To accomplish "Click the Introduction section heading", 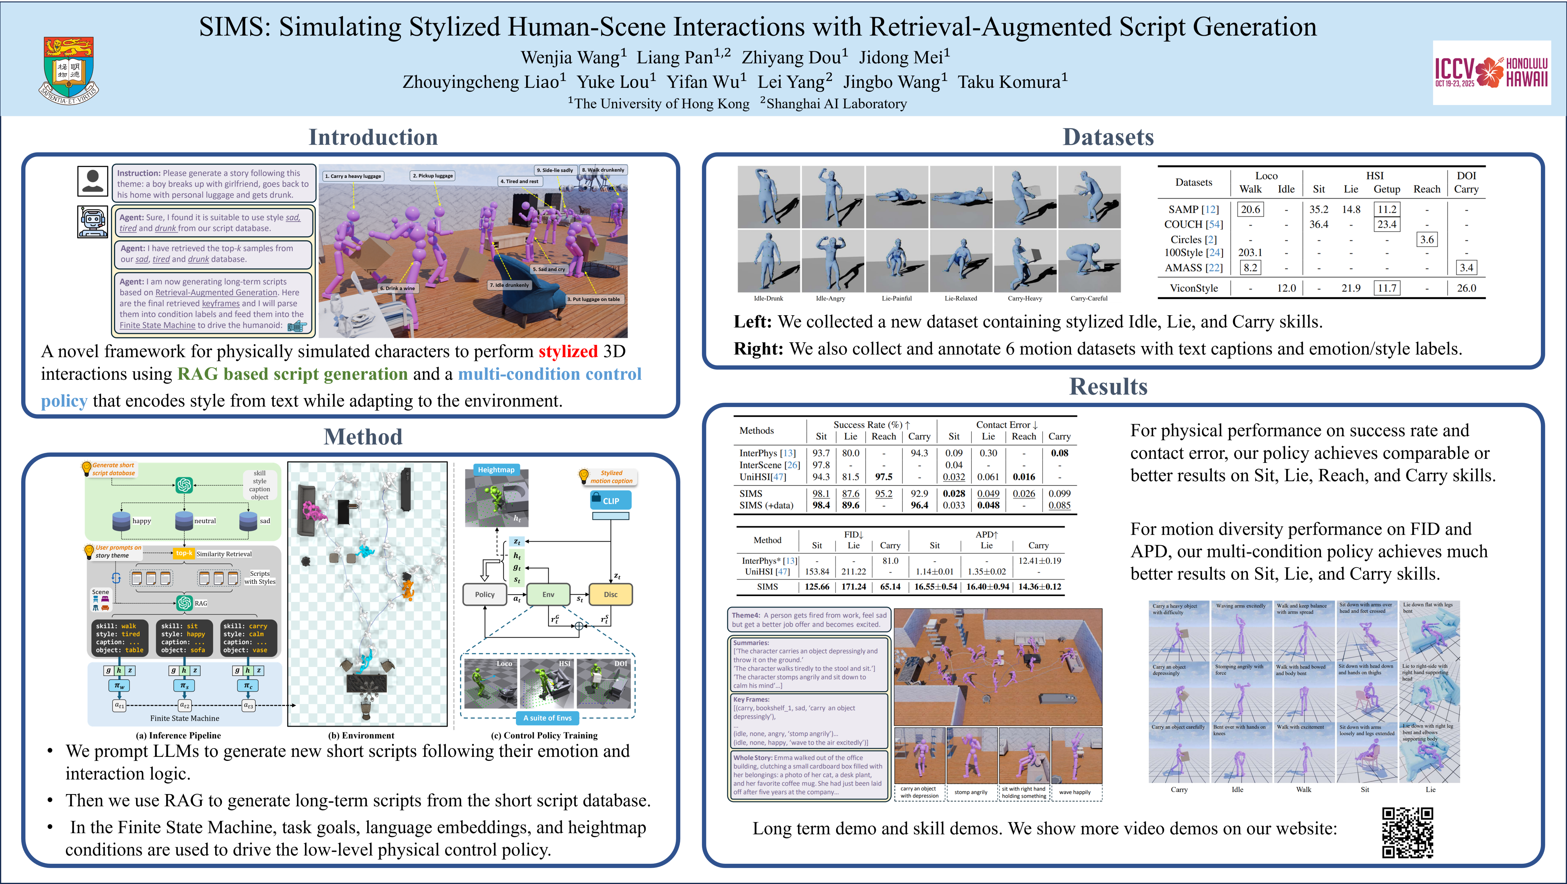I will (x=373, y=137).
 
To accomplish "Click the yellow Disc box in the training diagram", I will (x=610, y=595).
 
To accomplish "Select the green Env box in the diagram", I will (x=548, y=595).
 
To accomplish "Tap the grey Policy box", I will (x=485, y=595).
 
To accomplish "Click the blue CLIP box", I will (x=611, y=501).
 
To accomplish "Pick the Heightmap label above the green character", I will (x=496, y=470).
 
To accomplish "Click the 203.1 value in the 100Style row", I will (x=1250, y=253).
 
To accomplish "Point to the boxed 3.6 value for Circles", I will (x=1426, y=239).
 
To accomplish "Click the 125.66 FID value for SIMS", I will (x=816, y=587).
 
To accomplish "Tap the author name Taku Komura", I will (x=1012, y=82).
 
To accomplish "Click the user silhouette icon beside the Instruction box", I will (x=92, y=181).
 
